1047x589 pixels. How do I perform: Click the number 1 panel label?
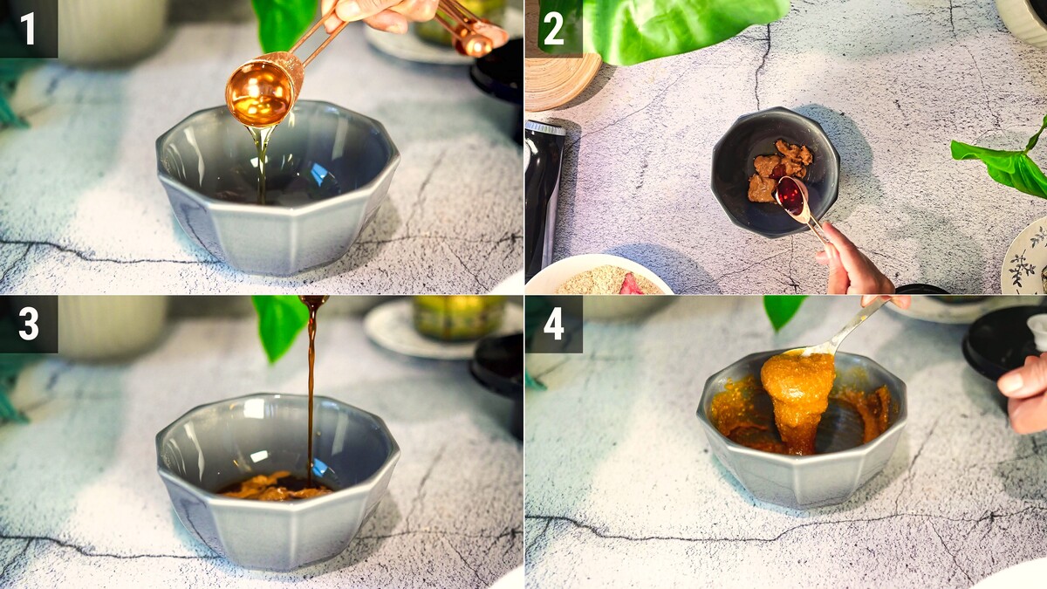pos(28,29)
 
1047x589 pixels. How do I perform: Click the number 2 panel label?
pos(554,29)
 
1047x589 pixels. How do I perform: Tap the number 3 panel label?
pos(29,324)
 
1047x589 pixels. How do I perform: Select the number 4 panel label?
pos(554,324)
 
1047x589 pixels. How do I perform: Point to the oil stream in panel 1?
pos(261,164)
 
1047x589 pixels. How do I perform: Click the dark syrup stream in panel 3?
pos(311,388)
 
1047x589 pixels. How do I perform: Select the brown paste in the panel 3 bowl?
pos(276,486)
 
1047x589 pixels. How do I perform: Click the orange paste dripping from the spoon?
pos(797,397)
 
